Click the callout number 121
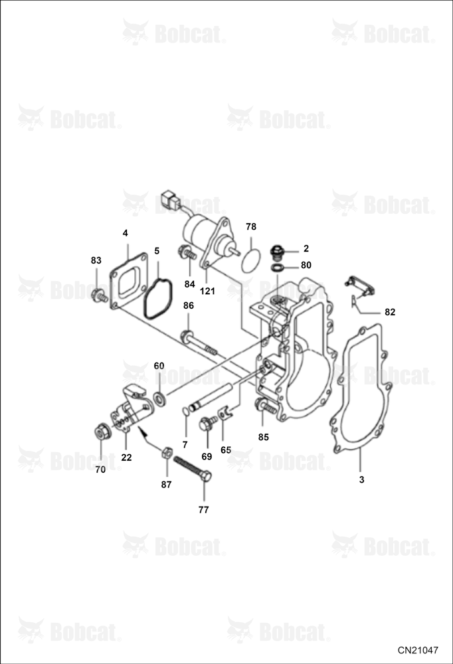pos(208,291)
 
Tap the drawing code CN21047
pos(418,650)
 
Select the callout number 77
pos(203,510)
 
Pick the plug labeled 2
pos(277,253)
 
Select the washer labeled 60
pos(160,399)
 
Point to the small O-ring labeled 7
pos(185,412)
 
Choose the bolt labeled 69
pos(208,423)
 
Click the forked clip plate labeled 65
pos(225,412)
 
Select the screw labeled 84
pos(187,253)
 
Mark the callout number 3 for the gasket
pos(361,480)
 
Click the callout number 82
pos(389,312)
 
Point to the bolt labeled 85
pos(266,407)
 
